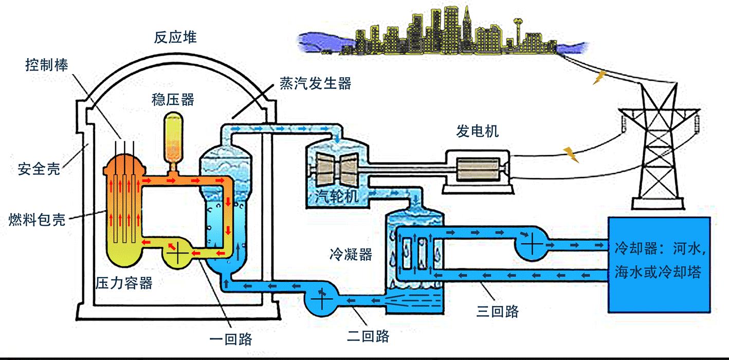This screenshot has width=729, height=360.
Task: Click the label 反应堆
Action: click(x=175, y=38)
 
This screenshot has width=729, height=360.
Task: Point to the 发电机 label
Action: click(x=478, y=132)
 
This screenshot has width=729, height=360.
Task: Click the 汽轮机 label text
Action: click(x=334, y=196)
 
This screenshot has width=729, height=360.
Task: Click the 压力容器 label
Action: click(x=124, y=283)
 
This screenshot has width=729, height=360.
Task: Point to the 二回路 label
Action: click(x=368, y=337)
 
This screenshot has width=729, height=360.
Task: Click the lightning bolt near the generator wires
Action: click(x=569, y=153)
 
